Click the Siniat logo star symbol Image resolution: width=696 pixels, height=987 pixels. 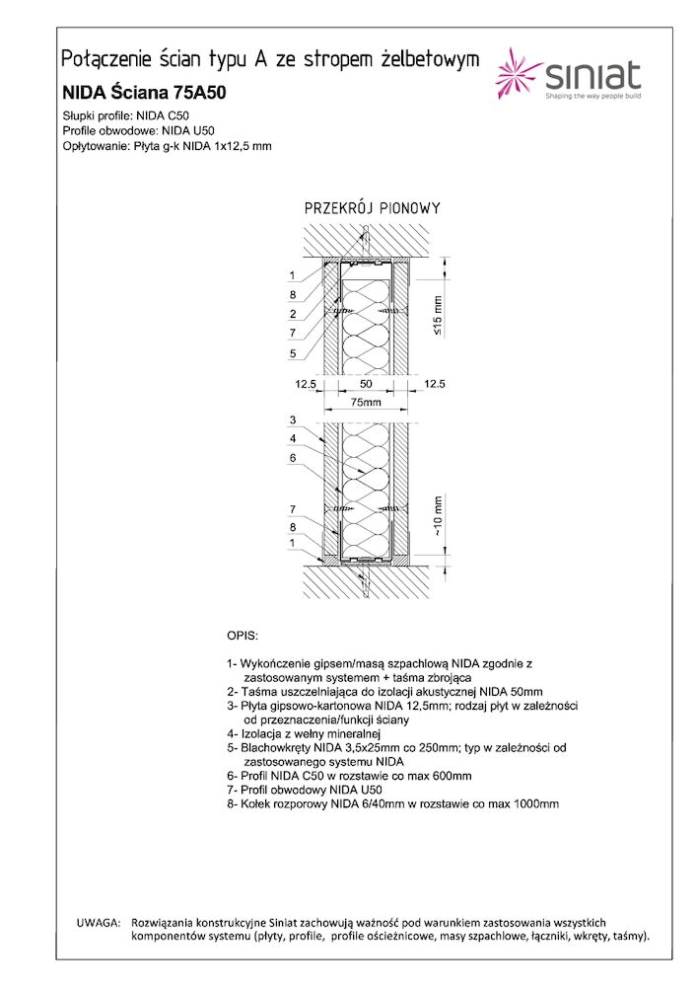coord(520,75)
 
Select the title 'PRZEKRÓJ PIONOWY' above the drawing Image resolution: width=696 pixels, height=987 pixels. coord(372,209)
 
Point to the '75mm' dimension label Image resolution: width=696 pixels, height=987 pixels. coord(367,402)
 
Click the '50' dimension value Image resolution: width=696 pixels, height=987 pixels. coord(366,383)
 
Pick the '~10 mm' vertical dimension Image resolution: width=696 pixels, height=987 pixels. coord(439,514)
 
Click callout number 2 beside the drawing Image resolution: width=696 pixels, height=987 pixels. coord(293,314)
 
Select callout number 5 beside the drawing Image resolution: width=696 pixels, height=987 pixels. coord(293,352)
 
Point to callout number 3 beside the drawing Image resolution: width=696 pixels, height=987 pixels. coord(293,420)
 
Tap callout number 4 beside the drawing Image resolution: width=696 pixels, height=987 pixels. coord(293,439)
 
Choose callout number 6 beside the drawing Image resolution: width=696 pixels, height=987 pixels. coord(293,458)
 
